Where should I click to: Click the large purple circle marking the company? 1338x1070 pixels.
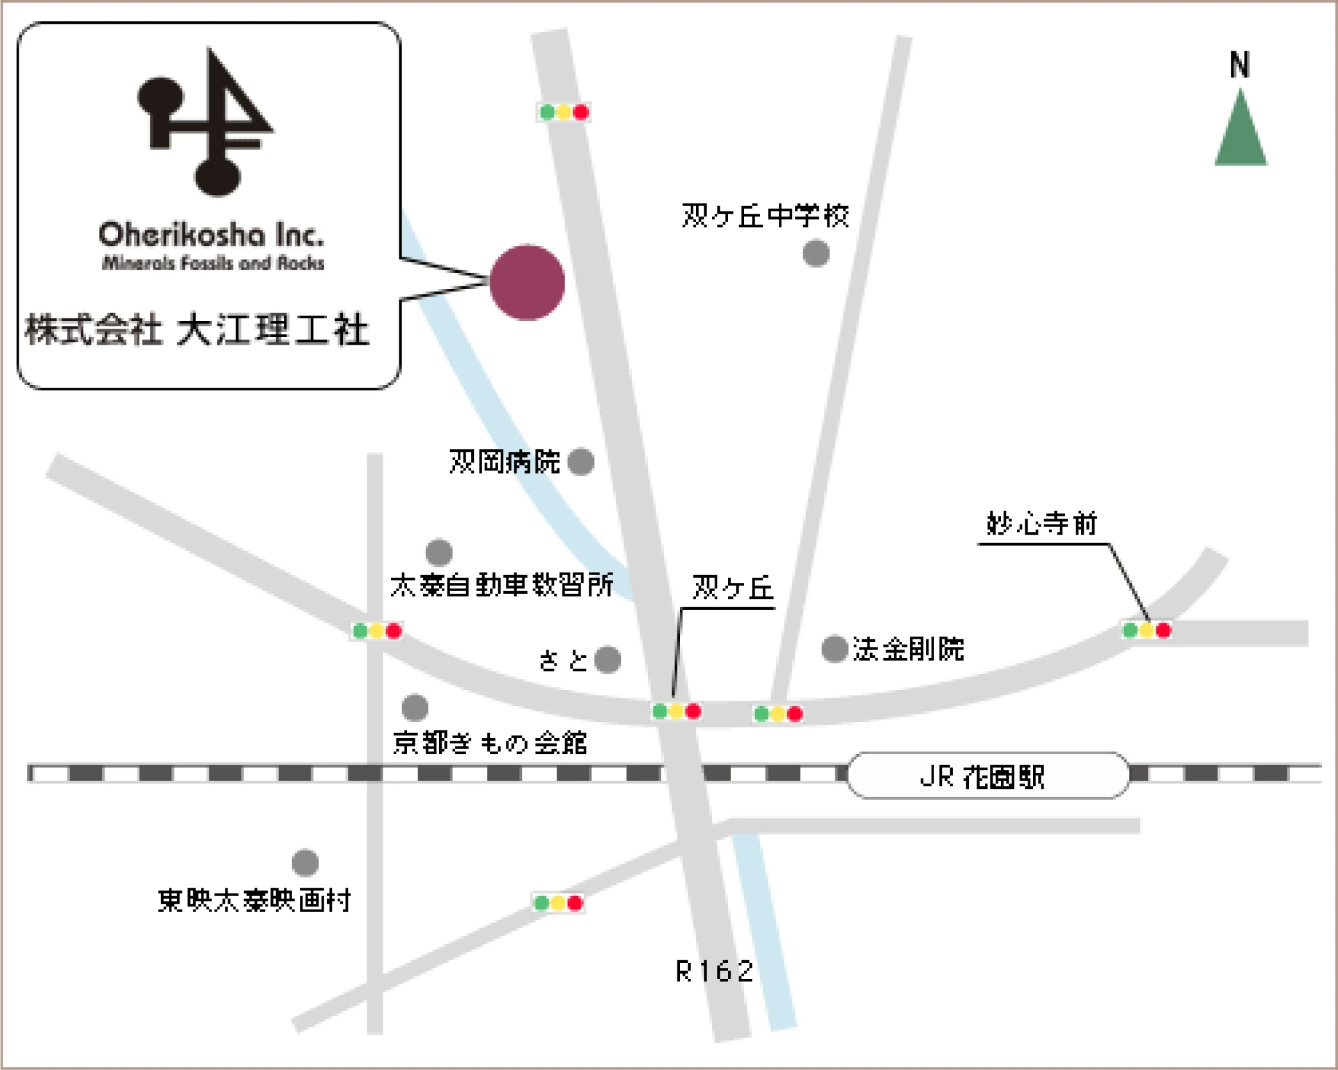(x=527, y=282)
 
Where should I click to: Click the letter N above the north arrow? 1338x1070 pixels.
(x=1239, y=65)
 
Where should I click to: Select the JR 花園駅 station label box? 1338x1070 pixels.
(x=987, y=776)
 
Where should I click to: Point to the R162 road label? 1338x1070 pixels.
(x=714, y=971)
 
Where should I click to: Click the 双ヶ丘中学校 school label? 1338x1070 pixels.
(x=765, y=216)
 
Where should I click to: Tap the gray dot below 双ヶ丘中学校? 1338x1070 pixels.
(x=816, y=253)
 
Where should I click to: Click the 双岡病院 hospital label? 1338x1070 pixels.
(x=505, y=462)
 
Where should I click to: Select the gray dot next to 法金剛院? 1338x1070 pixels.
(x=834, y=649)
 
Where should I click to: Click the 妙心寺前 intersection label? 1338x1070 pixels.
(x=1041, y=524)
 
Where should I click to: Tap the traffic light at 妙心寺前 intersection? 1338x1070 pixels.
(x=1147, y=630)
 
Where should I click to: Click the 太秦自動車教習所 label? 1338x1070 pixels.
(x=501, y=585)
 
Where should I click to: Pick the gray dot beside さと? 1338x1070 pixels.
(x=607, y=659)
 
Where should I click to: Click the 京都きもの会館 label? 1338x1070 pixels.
(x=490, y=743)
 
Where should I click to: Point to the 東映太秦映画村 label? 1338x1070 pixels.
(x=254, y=900)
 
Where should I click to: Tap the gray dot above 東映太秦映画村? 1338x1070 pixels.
(x=305, y=863)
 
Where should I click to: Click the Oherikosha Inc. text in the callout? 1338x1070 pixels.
(x=211, y=236)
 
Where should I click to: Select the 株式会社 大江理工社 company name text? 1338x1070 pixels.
(x=196, y=330)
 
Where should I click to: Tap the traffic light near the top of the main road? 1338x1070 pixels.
(x=564, y=112)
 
